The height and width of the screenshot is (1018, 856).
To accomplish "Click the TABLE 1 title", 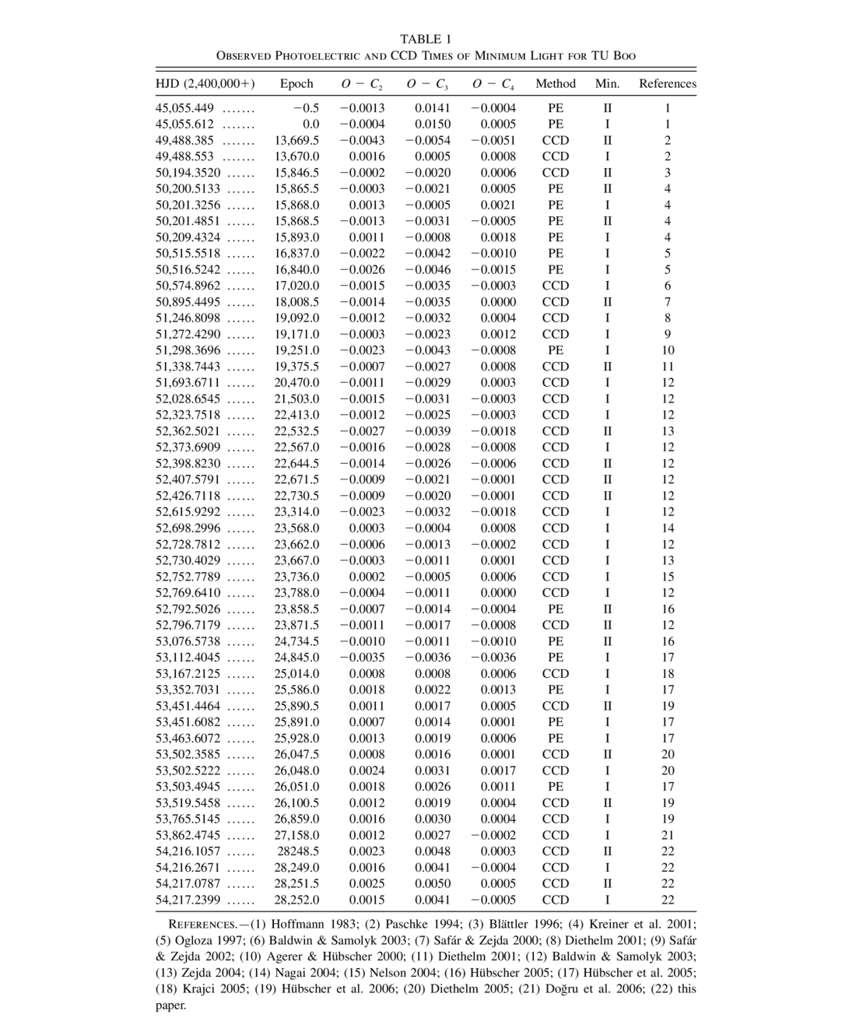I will click(426, 39).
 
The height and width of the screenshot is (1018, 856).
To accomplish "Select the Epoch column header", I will click(296, 84).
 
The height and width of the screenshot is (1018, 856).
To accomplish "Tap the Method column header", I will click(556, 84).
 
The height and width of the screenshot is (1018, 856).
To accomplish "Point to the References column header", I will click(668, 84).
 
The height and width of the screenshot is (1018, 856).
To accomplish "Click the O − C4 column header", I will click(493, 84).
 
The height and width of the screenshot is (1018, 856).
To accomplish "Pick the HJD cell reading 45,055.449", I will click(184, 108).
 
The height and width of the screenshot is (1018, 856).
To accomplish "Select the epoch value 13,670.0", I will click(296, 156).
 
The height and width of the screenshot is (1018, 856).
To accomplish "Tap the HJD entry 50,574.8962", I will click(188, 286).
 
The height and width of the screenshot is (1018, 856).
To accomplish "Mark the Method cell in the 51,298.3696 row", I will click(556, 350).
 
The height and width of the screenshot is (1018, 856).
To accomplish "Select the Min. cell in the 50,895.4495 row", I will click(607, 302).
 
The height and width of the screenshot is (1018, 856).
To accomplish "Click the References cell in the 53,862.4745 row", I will click(668, 835).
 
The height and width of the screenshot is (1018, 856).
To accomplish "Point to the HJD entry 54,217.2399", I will click(188, 900).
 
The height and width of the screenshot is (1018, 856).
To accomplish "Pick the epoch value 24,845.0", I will click(296, 658).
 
